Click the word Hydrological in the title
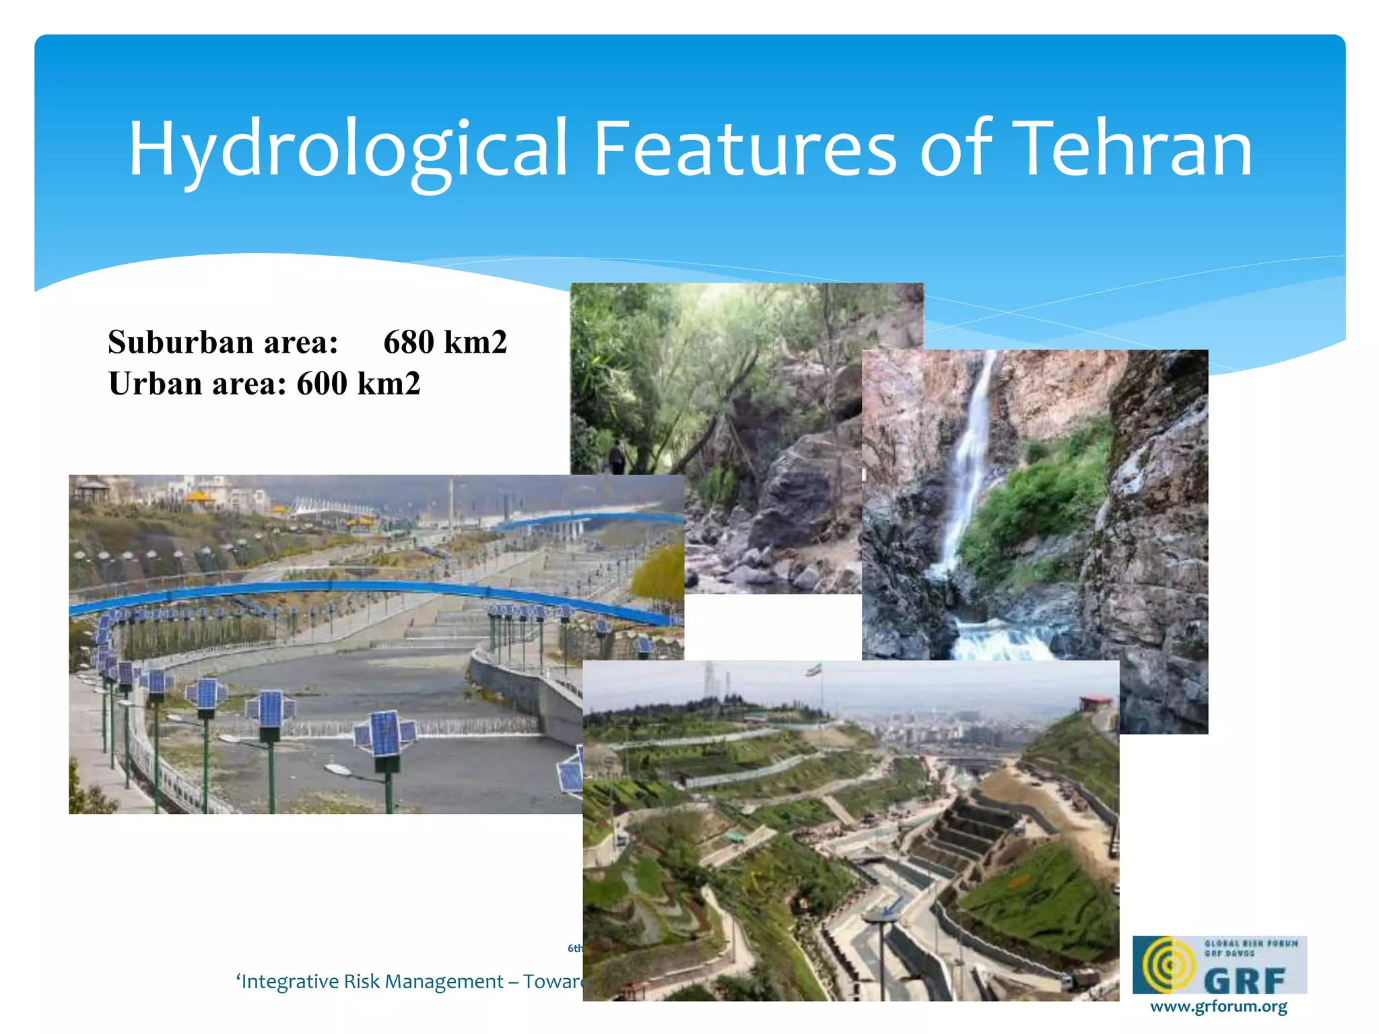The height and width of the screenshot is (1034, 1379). tap(347, 149)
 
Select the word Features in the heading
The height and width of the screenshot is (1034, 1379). tap(744, 149)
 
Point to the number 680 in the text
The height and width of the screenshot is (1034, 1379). tap(409, 342)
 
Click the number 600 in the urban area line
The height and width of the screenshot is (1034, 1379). tap(322, 384)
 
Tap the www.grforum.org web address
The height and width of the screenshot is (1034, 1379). tap(1218, 1006)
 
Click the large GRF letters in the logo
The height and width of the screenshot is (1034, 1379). tap(1245, 980)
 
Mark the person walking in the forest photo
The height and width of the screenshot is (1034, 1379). tap(617, 458)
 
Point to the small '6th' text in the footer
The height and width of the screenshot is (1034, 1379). tap(574, 948)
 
